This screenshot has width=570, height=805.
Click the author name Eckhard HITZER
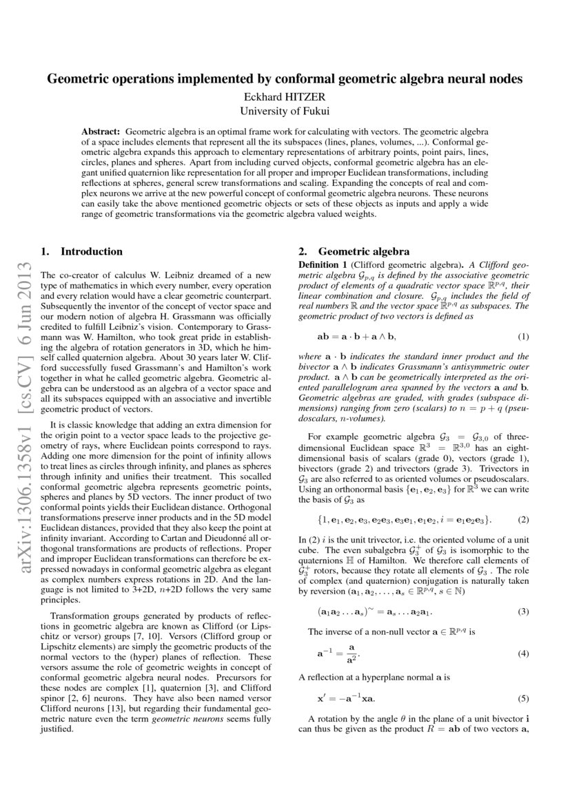(285, 96)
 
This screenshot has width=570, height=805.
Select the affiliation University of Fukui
(285, 110)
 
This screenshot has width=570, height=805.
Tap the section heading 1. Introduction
(82, 252)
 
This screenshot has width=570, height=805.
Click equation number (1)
(523, 337)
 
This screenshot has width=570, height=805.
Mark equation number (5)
(523, 698)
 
